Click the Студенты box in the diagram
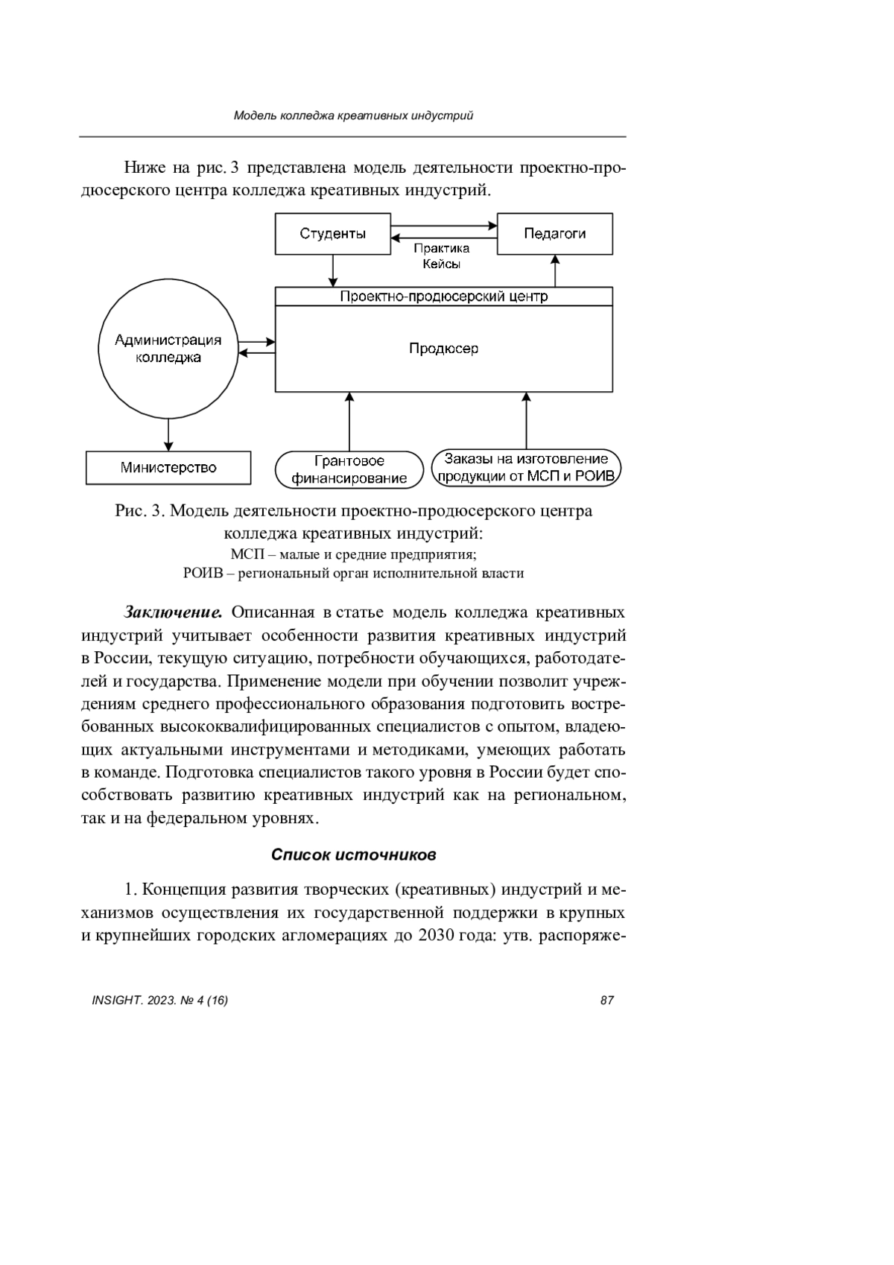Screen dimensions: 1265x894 point(332,234)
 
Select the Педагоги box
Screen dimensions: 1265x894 point(554,234)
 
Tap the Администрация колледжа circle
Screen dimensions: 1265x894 point(168,349)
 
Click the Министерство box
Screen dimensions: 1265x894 point(168,468)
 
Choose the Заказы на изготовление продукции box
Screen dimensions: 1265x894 point(526,468)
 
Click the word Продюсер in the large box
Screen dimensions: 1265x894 point(443,349)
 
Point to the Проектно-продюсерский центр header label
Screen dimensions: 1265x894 point(443,297)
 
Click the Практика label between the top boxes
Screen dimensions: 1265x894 point(442,249)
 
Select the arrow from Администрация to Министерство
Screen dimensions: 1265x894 point(169,434)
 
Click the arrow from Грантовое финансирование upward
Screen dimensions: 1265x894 point(349,421)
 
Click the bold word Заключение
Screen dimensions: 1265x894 point(173,612)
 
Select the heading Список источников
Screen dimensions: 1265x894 point(353,855)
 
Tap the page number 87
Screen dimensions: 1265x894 point(606,1000)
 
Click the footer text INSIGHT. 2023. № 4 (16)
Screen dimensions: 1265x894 point(159,1000)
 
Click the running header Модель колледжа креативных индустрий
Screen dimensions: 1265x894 point(353,115)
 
